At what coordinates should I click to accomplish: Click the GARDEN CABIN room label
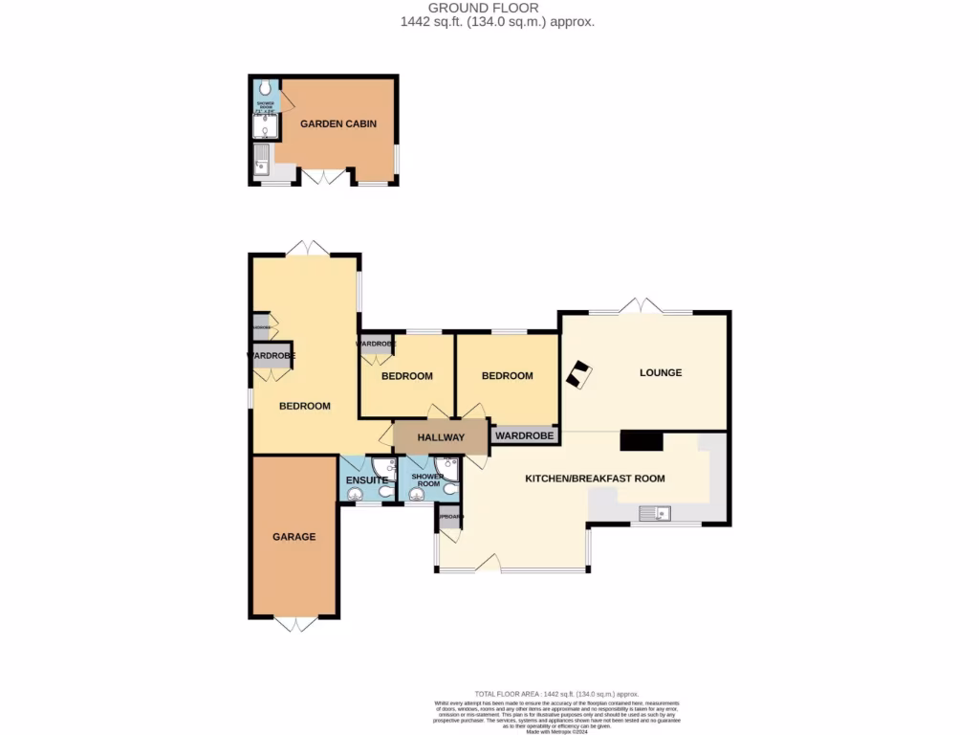coord(337,123)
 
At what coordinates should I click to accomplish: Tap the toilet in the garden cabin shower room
coord(263,88)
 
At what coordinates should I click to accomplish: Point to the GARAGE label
coord(294,537)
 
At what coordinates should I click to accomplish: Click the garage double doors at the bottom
coord(294,624)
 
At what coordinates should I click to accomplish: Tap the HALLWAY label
coord(440,437)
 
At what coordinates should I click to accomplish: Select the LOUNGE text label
coord(660,372)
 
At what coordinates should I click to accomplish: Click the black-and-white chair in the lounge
coord(578,374)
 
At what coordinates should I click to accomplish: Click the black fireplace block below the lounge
coord(641,440)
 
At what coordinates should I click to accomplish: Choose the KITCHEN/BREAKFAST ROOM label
coord(595,478)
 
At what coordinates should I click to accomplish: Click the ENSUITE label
coord(366,479)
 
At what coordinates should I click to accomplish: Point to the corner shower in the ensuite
coord(384,467)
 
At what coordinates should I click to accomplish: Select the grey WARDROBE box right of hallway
coord(524,436)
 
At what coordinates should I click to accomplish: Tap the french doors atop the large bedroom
coord(309,248)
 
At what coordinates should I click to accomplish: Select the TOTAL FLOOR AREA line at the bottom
coord(556,693)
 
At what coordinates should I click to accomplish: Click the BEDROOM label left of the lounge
coord(506,376)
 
